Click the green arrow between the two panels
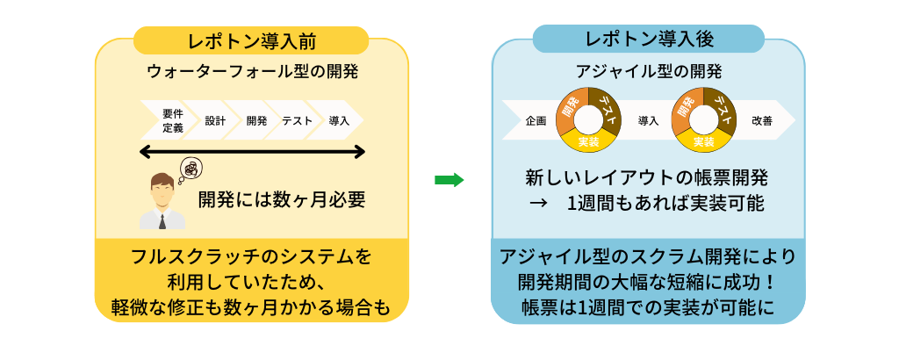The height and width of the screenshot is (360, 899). pos(449,180)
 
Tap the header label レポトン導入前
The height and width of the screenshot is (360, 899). pos(252,40)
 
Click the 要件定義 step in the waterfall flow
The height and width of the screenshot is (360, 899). pos(173,120)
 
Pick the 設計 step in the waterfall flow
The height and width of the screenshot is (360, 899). pos(216,120)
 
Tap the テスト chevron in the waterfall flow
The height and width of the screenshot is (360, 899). pos(297,120)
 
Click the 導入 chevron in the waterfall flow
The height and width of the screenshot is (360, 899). pos(339,120)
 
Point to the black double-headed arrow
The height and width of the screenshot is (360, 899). pos(252,153)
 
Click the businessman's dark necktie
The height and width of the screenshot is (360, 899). pos(162,220)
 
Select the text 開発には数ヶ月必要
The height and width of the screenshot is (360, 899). pos(281,199)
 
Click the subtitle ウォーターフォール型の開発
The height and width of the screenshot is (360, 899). pos(253,70)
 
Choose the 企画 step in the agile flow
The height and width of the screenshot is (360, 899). pos(536,120)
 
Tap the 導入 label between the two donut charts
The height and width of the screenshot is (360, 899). pos(648,120)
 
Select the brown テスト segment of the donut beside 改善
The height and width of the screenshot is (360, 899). pos(722,109)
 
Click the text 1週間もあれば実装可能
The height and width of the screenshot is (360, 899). pos(665,204)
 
